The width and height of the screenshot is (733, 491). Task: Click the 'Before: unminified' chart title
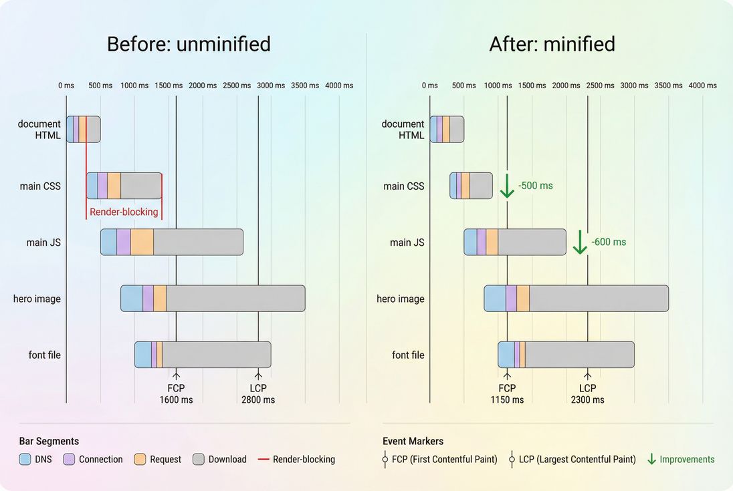[x=189, y=44]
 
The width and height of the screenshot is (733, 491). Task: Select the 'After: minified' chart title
[x=552, y=44]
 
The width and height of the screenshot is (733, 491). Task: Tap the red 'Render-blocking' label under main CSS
[x=124, y=212]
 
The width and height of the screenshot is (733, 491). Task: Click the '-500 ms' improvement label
[x=535, y=186]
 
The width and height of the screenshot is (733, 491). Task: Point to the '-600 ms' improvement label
[x=609, y=242]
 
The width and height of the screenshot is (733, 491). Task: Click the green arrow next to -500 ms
[x=506, y=186]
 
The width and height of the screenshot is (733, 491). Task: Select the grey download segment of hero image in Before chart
[x=235, y=299]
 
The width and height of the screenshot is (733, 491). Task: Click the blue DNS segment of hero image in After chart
[x=495, y=299]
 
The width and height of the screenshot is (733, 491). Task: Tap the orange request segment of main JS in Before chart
[x=142, y=242]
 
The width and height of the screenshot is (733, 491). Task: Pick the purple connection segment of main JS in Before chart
[x=124, y=242]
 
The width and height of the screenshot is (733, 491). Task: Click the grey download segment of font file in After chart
[x=579, y=355]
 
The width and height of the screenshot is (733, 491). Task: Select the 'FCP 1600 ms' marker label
[x=176, y=394]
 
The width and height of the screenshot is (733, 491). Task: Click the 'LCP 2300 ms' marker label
[x=587, y=394]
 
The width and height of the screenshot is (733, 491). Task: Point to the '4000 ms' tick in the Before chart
[x=339, y=86]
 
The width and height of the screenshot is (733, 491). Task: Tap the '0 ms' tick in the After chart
[x=429, y=86]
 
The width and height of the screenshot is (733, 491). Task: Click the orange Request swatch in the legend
[x=139, y=460]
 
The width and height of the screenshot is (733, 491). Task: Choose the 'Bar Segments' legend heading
[x=49, y=442]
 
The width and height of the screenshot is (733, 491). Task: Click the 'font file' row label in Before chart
[x=45, y=355]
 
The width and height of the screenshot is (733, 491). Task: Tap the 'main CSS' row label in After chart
[x=404, y=186]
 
